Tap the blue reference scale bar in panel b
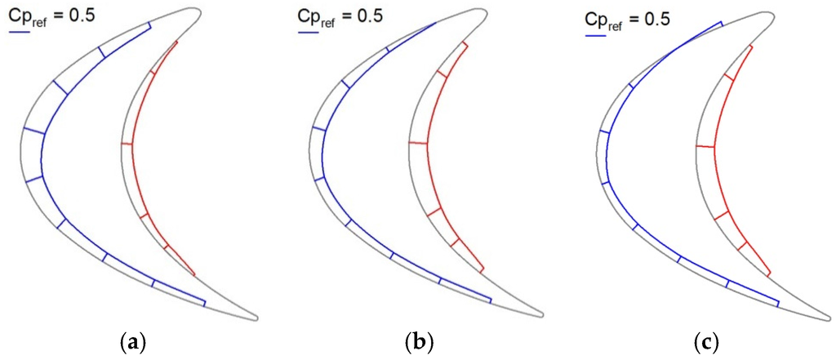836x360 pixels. pos(307,33)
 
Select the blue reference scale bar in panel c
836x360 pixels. pos(594,36)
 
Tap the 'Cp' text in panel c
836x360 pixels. pos(594,18)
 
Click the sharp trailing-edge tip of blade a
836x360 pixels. pos(258,318)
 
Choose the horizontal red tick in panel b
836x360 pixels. pos(416,143)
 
